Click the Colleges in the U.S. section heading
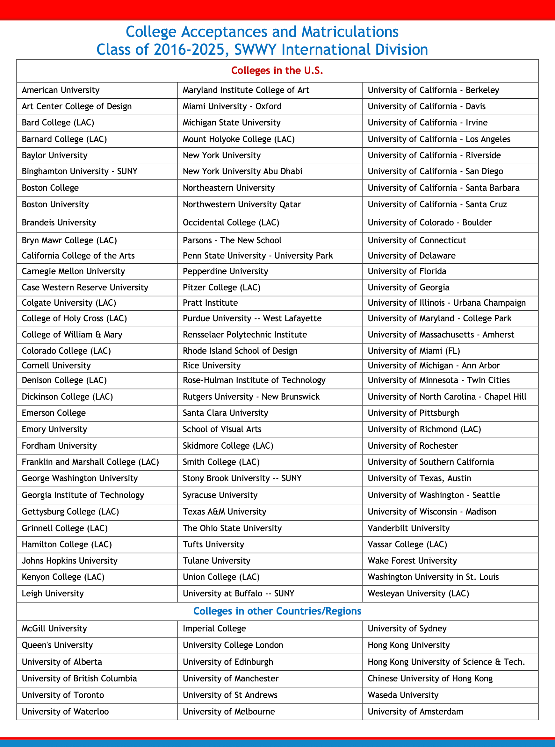(x=277, y=70)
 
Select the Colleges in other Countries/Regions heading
(x=277, y=611)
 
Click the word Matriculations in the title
(x=350, y=32)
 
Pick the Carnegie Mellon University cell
(x=73, y=271)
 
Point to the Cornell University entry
(x=56, y=365)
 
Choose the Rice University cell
(x=212, y=365)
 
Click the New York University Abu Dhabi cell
(x=242, y=172)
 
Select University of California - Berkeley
(x=433, y=90)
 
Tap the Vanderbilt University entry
(x=408, y=528)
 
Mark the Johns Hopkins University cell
(x=69, y=561)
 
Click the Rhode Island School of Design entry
(x=240, y=351)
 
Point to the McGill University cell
(x=54, y=629)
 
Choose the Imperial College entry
(x=214, y=629)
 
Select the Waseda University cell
(x=403, y=695)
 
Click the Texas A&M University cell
(x=224, y=512)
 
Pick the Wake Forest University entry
(x=412, y=561)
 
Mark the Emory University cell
(x=54, y=429)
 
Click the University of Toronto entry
(x=63, y=695)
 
